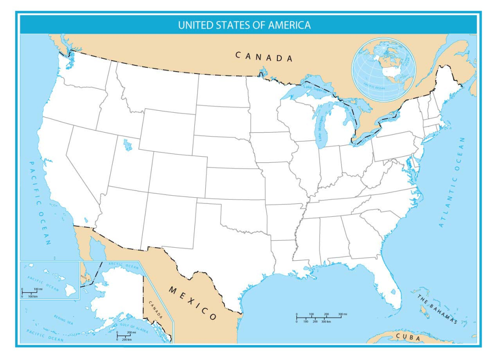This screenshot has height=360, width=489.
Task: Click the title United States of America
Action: click(244, 25)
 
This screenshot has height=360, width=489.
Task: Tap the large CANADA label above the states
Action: click(264, 57)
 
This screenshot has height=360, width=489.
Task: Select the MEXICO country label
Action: click(193, 303)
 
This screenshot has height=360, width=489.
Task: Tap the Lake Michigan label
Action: click(320, 128)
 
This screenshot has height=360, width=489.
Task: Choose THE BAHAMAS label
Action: click(437, 310)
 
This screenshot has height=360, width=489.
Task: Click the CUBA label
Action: click(408, 338)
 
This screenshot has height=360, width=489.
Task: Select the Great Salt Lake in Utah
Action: click(128, 144)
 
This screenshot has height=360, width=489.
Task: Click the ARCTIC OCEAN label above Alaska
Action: click(123, 265)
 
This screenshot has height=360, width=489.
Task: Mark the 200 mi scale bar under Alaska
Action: click(123, 336)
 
